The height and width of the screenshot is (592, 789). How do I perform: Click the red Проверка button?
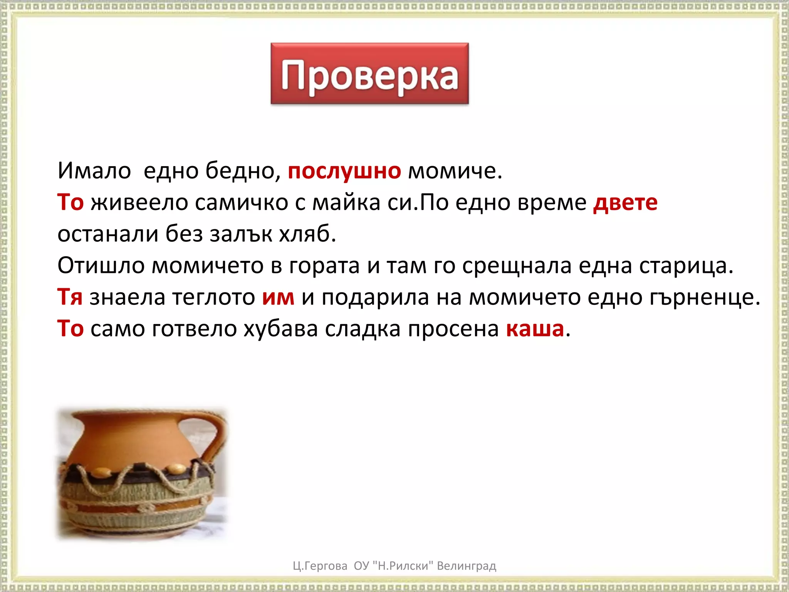coord(369,74)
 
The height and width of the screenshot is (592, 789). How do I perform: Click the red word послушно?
coord(344,171)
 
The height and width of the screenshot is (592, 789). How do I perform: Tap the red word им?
coord(278,297)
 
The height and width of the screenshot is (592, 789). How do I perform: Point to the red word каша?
coord(535,329)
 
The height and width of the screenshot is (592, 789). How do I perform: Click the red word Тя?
coord(70,297)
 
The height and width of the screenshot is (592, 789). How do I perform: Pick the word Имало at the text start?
coord(94,171)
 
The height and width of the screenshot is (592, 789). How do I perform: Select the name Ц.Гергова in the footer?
coord(320,566)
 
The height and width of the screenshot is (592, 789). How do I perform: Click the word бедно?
coord(243,171)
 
